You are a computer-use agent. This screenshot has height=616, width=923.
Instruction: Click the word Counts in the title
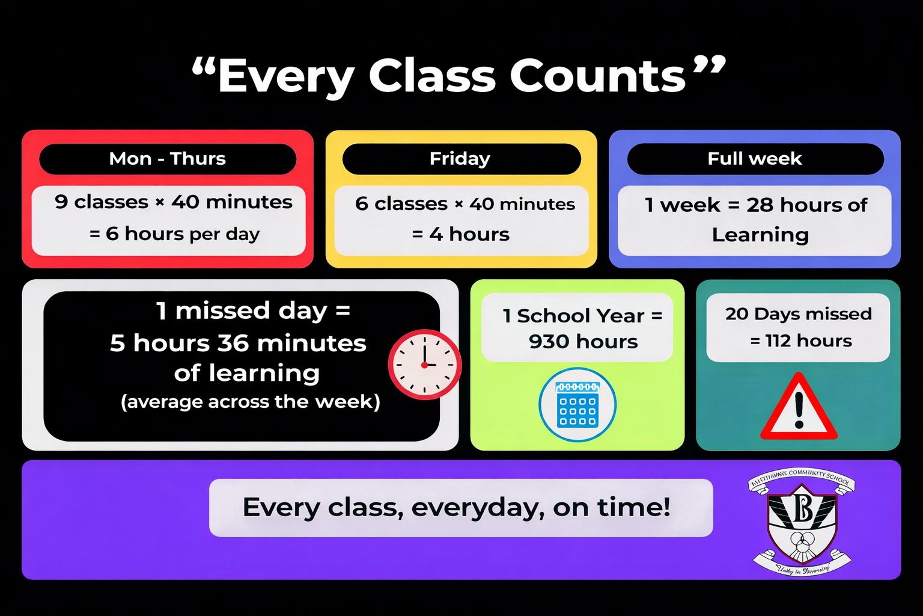[598, 76]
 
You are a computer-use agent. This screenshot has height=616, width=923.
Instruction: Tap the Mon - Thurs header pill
[168, 159]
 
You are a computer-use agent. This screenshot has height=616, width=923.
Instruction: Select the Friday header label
[460, 159]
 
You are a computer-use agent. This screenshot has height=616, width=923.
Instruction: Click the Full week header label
[755, 159]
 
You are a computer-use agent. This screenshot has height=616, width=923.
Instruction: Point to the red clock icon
[424, 365]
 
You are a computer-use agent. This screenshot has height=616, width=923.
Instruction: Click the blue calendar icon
[577, 404]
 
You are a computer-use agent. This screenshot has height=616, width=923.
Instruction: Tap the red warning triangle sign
[799, 407]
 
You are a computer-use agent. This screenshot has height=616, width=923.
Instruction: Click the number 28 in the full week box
[760, 205]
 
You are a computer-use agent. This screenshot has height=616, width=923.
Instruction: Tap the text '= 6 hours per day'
[175, 233]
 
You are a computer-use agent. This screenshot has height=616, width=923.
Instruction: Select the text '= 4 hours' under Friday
[461, 234]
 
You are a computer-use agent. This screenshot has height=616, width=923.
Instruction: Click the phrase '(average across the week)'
[251, 401]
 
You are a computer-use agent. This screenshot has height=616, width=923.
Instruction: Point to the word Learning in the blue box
[760, 235]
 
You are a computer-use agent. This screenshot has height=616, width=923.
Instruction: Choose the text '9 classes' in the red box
[102, 202]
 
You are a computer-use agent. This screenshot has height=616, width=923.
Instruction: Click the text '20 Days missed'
[798, 314]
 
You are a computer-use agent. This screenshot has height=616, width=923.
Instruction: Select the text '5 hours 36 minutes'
[238, 343]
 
